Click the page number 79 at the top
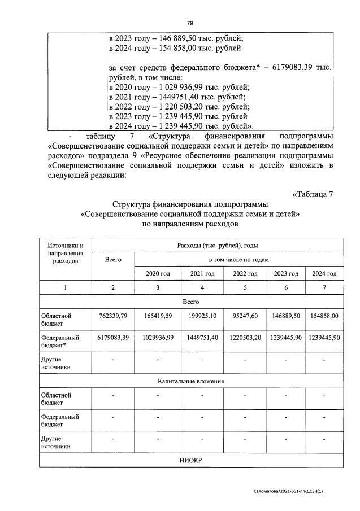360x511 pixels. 190,23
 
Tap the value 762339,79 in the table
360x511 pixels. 113,316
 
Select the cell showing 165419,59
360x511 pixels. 158,316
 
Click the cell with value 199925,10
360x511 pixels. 202,316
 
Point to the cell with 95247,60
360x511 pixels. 245,316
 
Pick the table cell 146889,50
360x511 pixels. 285,316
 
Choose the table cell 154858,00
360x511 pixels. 324,316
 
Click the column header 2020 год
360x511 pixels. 158,273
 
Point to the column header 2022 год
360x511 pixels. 245,273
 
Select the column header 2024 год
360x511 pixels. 324,273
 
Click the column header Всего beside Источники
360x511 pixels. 113,260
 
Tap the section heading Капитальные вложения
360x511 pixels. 190,381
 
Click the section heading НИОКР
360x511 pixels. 190,461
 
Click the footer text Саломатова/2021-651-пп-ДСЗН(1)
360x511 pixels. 296,491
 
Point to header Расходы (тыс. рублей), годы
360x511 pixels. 218,246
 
